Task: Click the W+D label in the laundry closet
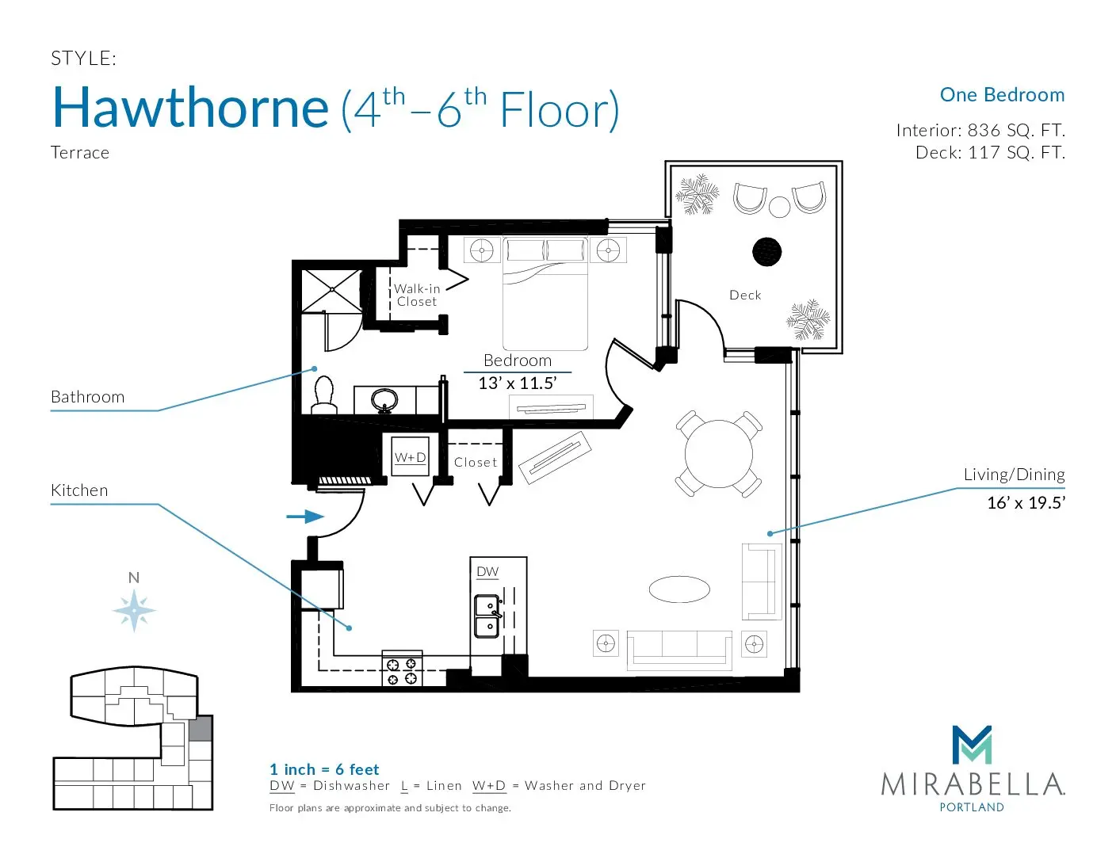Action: tap(411, 457)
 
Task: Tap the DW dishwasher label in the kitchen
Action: tap(487, 571)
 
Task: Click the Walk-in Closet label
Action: tap(417, 296)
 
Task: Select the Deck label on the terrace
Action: tap(745, 296)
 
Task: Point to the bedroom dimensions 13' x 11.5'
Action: tap(518, 383)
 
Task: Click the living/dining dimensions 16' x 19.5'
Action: tap(1026, 502)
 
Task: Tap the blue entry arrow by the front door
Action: tap(305, 517)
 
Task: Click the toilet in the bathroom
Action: tap(324, 395)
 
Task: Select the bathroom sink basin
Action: tap(384, 399)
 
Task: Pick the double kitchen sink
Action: tap(487, 616)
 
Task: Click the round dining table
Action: tap(718, 454)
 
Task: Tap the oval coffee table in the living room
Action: tap(679, 589)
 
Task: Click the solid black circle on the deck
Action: tap(766, 252)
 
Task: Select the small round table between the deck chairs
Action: tap(779, 208)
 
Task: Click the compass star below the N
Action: tap(134, 611)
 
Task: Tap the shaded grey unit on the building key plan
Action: tap(201, 729)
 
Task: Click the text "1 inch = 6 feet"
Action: tap(324, 769)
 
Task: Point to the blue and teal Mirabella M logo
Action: tap(972, 745)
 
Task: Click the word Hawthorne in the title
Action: tap(190, 108)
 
